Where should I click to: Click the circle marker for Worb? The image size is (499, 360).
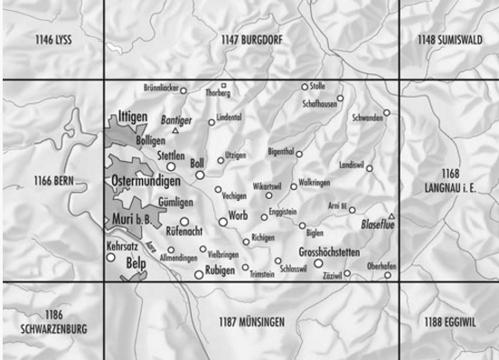click(222, 222)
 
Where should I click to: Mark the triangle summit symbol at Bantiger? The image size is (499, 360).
click(175, 131)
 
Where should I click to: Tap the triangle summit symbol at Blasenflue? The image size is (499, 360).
click(391, 216)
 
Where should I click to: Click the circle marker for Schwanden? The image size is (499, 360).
click(386, 113)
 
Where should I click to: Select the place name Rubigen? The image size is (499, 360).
click(221, 270)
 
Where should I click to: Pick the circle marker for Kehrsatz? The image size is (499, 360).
click(111, 257)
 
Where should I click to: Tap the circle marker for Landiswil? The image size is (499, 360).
click(370, 168)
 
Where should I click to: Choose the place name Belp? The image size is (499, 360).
click(137, 263)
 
